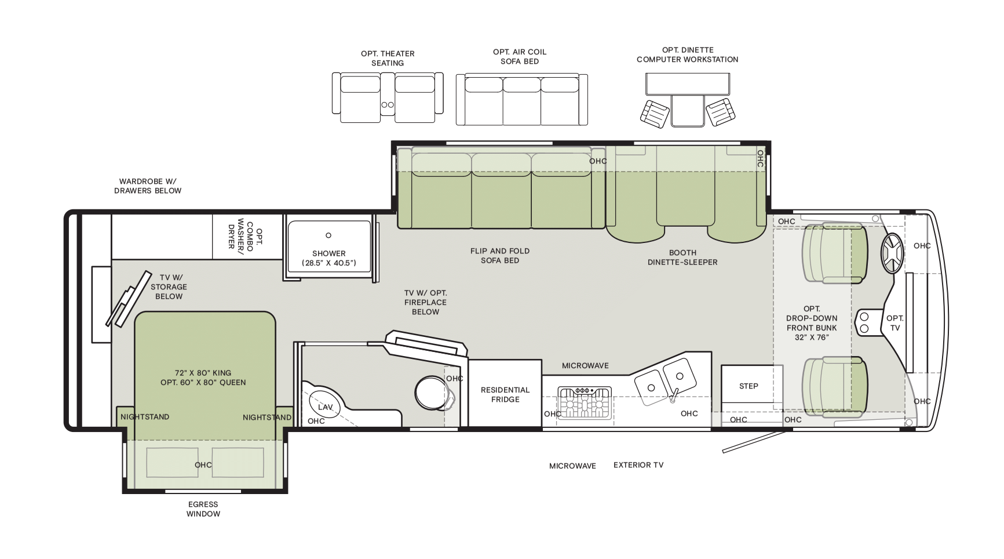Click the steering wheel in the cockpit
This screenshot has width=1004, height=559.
coord(892,253)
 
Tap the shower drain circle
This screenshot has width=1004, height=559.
coord(328,235)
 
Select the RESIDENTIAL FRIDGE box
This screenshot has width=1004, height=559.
coord(505,393)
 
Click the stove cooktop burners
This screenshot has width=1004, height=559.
coord(584,402)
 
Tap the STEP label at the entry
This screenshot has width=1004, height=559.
coord(749,386)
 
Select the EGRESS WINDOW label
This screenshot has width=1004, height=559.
coord(203,509)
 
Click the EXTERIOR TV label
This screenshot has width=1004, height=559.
coord(638,464)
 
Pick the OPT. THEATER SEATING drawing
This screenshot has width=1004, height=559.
coord(388,97)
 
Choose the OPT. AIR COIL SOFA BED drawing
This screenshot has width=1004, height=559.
coord(521,99)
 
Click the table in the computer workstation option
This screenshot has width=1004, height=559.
coord(688,84)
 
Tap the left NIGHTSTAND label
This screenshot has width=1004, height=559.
coord(145,417)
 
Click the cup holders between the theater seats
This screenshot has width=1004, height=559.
coord(387,105)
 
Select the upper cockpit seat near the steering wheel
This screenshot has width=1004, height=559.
coord(835,254)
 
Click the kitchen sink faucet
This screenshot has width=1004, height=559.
coord(674,395)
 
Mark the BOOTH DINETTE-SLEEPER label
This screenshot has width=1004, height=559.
coord(682,257)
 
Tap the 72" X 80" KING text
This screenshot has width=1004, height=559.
coord(203,373)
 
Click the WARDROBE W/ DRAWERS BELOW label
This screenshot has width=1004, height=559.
coord(148,186)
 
